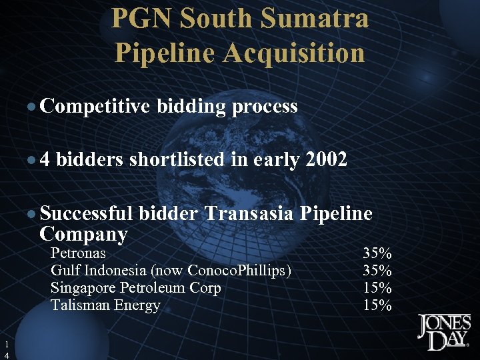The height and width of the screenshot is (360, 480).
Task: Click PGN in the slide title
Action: [139, 19]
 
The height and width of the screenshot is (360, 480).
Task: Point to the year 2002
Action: [326, 160]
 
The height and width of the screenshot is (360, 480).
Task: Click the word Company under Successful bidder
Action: [84, 234]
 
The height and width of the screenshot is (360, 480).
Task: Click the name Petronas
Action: [78, 253]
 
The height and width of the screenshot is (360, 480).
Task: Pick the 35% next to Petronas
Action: [377, 253]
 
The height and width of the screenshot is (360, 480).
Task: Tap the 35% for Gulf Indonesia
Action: [377, 271]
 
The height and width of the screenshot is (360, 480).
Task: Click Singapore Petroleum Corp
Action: [136, 288]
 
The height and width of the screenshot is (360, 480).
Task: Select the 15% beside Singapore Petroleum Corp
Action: [377, 288]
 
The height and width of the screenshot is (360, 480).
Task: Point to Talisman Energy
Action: [105, 305]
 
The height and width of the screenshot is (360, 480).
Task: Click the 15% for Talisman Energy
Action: [377, 305]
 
